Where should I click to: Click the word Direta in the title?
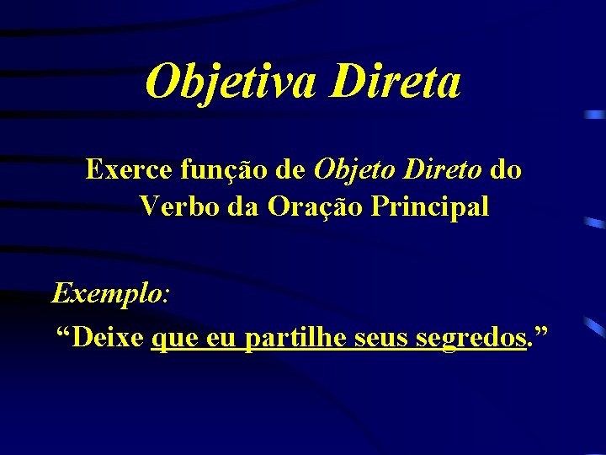pos(396,82)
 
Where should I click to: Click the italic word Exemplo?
pos(108,294)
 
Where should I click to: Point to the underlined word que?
pos(173,339)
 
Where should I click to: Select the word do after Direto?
pos(505,170)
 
